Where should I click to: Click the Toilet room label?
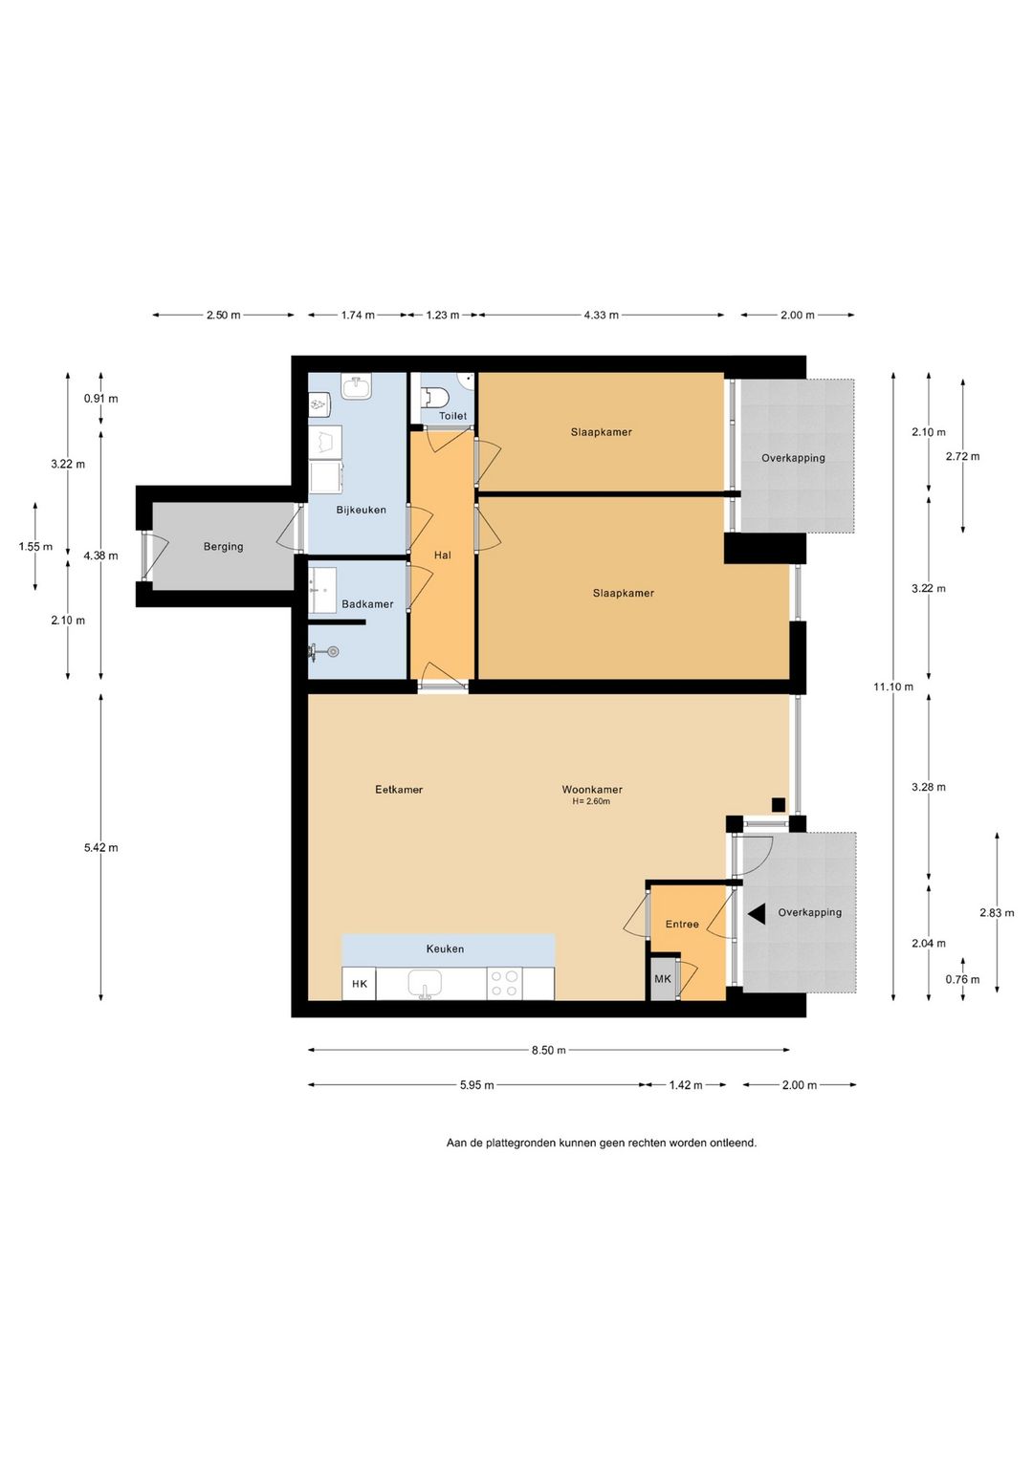452,415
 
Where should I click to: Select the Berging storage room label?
223,546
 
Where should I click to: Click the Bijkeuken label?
362,510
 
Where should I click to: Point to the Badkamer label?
368,604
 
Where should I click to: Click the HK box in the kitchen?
360,984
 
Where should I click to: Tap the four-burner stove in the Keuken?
504,984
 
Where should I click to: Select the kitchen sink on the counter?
425,983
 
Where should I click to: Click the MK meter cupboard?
663,978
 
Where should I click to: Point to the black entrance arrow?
757,915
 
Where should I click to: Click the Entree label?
682,925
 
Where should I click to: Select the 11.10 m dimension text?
893,686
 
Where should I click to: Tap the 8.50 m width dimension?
548,1050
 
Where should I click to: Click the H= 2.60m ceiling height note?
591,801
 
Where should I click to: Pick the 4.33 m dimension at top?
602,316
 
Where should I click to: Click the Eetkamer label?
399,790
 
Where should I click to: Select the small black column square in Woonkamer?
778,805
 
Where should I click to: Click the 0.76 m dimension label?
962,979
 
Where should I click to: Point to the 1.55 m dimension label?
36,547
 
